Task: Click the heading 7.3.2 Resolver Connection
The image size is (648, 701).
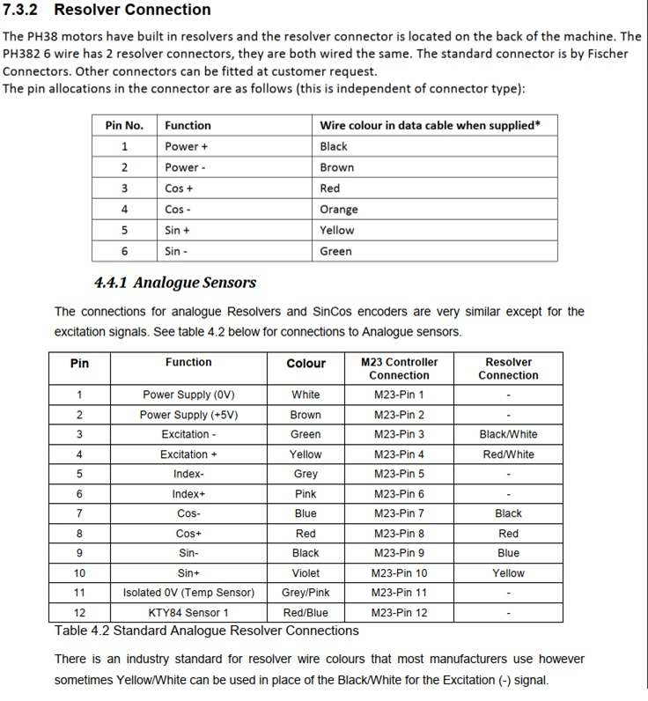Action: coord(107,11)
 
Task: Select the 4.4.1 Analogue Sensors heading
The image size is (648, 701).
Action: coord(174,283)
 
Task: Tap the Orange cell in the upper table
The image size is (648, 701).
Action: coord(339,210)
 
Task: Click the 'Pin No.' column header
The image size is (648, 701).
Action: coord(124,125)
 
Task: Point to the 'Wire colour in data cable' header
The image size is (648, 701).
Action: coord(430,125)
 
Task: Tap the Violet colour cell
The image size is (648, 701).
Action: coord(306,573)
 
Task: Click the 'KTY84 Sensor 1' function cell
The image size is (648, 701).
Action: coord(188,613)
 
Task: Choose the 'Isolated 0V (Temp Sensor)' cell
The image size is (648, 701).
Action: coord(188,593)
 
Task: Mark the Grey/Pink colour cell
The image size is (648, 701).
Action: coord(306,593)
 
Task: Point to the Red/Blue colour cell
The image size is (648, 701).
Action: coord(306,613)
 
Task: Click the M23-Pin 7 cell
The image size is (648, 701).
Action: coord(399,513)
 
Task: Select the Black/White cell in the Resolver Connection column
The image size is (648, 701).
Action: coord(508,434)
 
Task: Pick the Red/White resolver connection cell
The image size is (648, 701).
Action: coord(508,454)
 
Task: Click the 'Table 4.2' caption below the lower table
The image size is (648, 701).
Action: coord(206,631)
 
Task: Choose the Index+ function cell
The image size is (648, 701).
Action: coord(188,494)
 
